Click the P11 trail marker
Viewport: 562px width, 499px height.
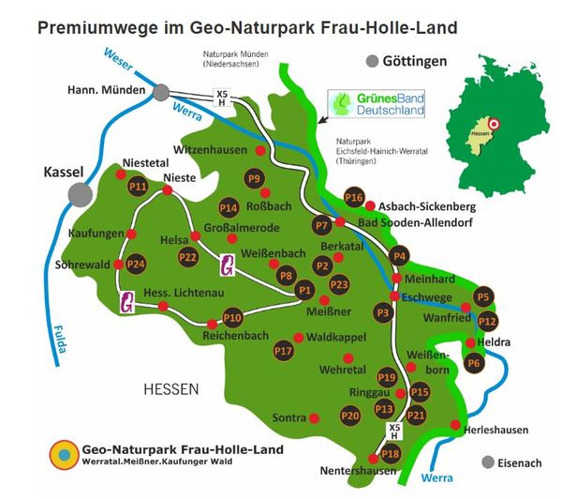[x=139, y=186]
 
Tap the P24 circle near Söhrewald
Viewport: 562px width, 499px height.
[x=137, y=264]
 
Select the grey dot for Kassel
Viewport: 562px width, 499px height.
[x=80, y=194]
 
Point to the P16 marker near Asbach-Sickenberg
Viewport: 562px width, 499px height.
[x=353, y=197]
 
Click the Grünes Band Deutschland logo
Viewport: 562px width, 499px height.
[x=379, y=103]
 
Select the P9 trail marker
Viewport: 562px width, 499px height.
[x=254, y=179]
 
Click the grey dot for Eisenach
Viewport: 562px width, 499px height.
[x=486, y=462]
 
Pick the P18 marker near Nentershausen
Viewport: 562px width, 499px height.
[x=391, y=454]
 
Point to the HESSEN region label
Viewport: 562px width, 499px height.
[x=175, y=387]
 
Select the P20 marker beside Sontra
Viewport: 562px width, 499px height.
[x=350, y=415]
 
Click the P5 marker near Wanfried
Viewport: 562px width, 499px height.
[x=483, y=297]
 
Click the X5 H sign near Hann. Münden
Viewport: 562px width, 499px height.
[x=222, y=97]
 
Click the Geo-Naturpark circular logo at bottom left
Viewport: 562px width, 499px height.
[x=64, y=454]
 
